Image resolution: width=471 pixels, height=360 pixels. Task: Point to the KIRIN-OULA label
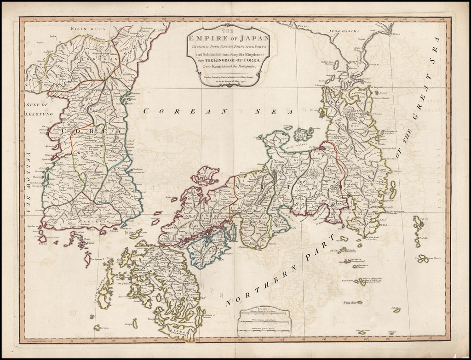pos(88,29)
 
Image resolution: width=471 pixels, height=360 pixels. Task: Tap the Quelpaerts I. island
pos(87,259)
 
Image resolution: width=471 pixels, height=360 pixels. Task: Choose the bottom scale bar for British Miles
pos(264,331)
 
